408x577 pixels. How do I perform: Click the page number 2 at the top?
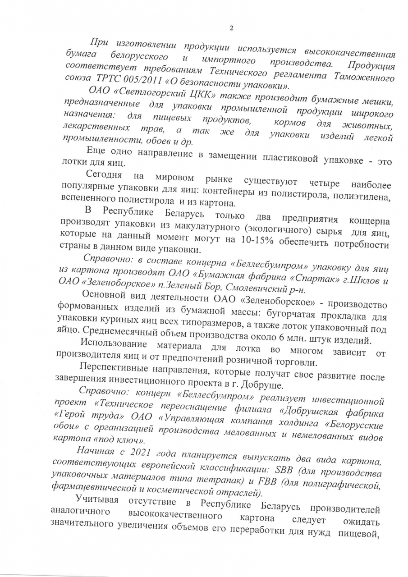(231, 28)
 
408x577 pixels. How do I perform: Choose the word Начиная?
(94, 450)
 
